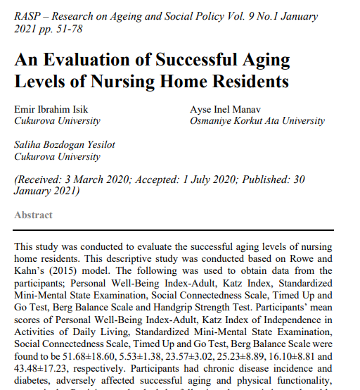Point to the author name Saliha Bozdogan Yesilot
(x=65, y=146)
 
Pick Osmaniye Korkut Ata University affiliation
(x=257, y=121)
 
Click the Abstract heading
(x=33, y=215)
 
